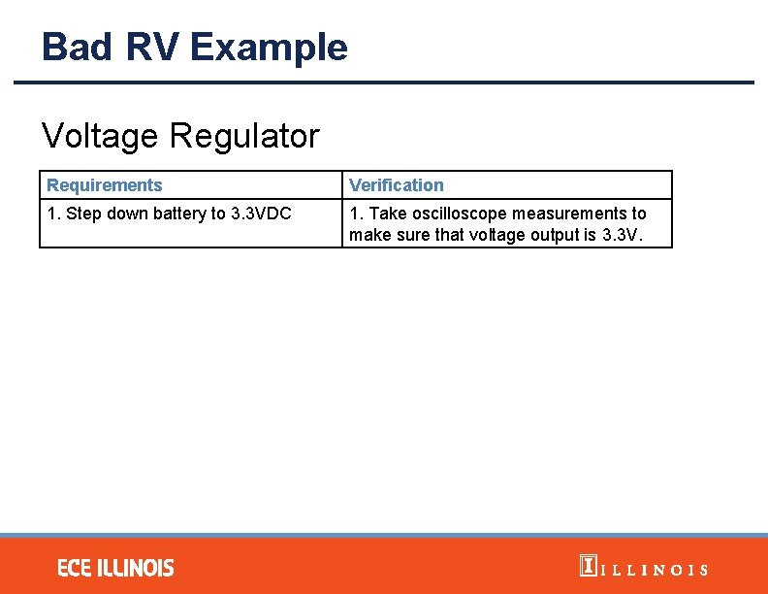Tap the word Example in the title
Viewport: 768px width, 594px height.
coord(269,47)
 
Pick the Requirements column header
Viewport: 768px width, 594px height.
coord(105,185)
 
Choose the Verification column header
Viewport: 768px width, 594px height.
coord(396,185)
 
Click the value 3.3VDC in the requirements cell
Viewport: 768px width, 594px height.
coord(261,214)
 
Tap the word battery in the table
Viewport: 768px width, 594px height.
coord(175,214)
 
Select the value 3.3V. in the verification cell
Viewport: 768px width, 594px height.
coord(624,236)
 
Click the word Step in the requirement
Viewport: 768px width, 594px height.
coord(81,214)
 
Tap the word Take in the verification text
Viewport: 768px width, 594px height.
coord(385,214)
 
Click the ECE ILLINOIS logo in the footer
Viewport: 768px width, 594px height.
coord(115,568)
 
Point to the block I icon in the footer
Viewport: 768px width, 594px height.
coord(587,566)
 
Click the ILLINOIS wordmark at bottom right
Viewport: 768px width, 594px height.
coord(655,570)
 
